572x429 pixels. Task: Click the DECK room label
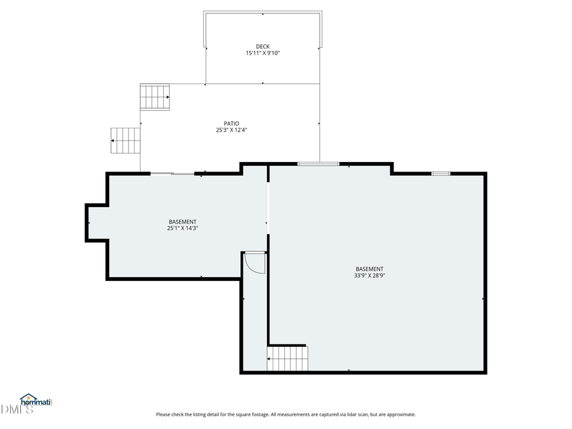coord(262,46)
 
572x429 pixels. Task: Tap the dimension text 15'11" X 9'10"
coord(262,53)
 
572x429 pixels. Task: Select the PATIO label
coord(231,123)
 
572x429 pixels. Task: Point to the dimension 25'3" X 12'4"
coord(231,130)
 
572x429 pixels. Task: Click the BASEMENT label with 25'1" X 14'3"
coord(182,222)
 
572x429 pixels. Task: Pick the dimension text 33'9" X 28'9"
coord(369,276)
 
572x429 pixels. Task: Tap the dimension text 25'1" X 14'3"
coord(182,228)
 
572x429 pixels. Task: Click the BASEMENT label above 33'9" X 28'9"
coord(369,269)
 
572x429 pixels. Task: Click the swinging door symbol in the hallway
coord(255,262)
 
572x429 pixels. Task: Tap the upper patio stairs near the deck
coord(155,97)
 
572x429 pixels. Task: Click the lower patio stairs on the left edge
coord(125,140)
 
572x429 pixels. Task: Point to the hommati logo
coord(36,401)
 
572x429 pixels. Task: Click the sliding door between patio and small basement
coord(172,173)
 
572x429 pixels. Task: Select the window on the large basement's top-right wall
coord(441,173)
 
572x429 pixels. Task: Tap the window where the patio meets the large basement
coord(318,164)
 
